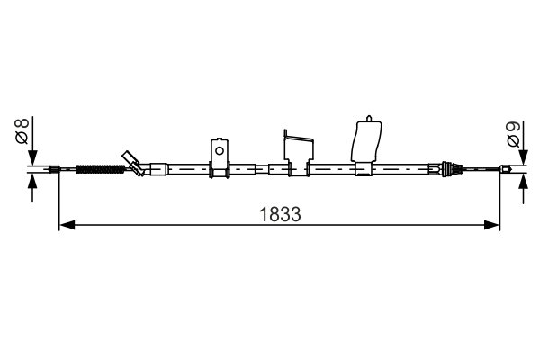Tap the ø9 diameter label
pyautogui.click(x=511, y=135)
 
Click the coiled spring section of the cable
pyautogui.click(x=98, y=167)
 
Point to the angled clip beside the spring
pyautogui.click(x=135, y=163)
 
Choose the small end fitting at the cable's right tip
pyautogui.click(x=507, y=167)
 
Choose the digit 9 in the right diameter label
pyautogui.click(x=511, y=128)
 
